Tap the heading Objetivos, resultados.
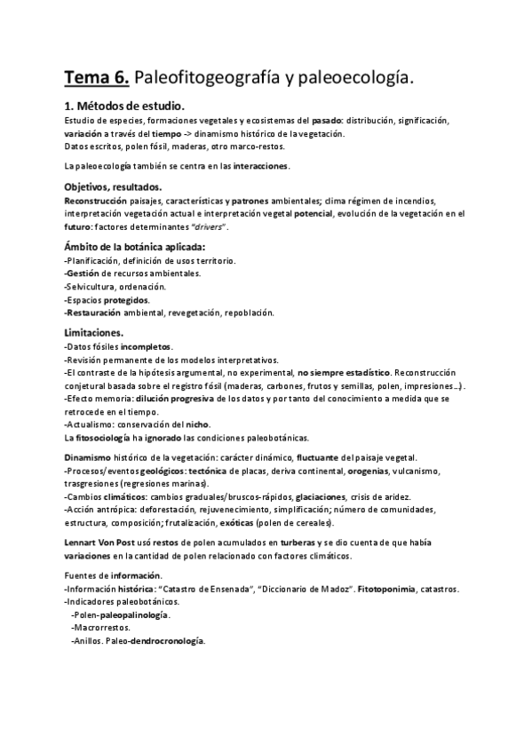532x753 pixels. tap(113, 186)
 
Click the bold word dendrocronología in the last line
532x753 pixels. tap(168, 640)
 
